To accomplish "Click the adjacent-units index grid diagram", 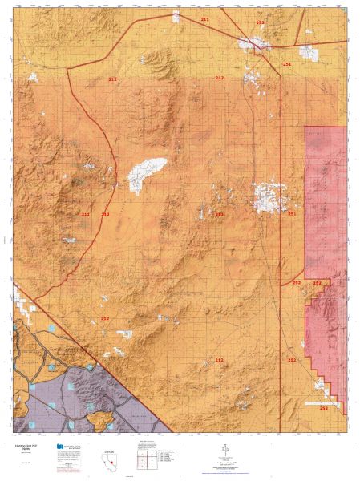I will pyautogui.click(x=147, y=458).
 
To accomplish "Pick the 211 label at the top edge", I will pyautogui.click(x=204, y=18).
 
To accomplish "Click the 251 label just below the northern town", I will pyautogui.click(x=287, y=63).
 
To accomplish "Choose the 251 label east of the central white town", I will pyautogui.click(x=292, y=214).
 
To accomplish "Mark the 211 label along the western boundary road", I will pyautogui.click(x=86, y=214).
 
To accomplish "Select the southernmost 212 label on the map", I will pyautogui.click(x=219, y=361).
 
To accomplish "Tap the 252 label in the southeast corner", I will pyautogui.click(x=323, y=408).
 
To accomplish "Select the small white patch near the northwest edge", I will pyautogui.click(x=33, y=78).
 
